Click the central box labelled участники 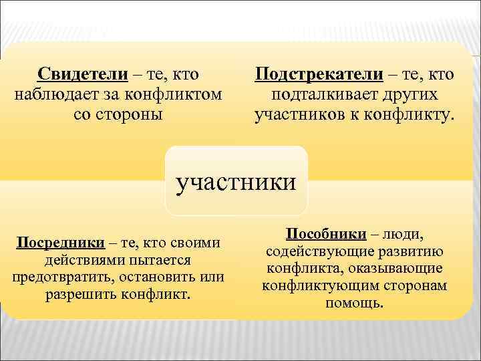point(236,182)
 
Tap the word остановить point(155,277)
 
